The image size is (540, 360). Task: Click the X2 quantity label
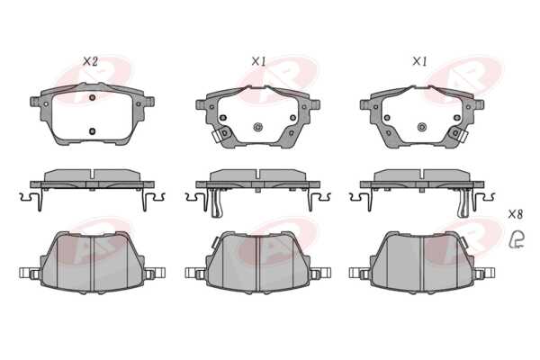90,62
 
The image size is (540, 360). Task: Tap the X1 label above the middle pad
258,62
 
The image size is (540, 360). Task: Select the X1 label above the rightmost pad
419,62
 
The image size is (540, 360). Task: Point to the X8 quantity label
516,214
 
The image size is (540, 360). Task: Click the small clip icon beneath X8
517,239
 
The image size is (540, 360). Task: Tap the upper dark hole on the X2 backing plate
92,97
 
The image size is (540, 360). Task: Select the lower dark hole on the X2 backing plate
92,130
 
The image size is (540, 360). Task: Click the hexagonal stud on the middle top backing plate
257,127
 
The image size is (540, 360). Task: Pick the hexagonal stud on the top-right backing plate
422,127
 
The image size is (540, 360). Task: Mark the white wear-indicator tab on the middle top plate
218,136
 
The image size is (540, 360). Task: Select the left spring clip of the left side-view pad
31,199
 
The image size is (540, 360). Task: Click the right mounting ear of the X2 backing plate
148,102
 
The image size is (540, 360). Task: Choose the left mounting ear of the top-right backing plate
365,104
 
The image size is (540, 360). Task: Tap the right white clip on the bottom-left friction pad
156,274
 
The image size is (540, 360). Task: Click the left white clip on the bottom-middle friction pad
194,274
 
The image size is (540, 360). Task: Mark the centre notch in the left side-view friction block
93,174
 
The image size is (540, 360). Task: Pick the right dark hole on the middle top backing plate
292,118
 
